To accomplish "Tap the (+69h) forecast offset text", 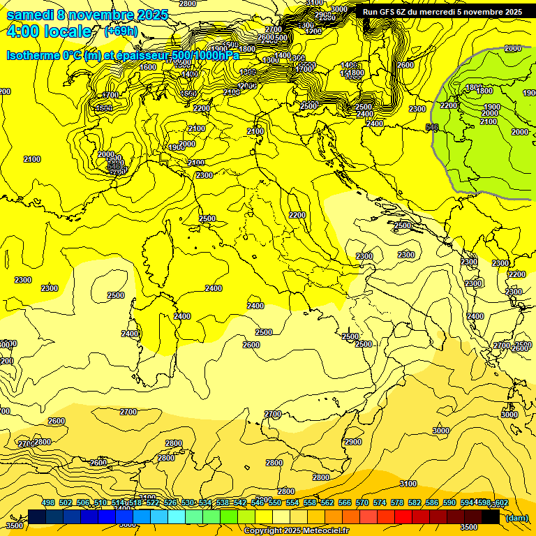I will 120,31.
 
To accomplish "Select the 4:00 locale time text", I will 49,31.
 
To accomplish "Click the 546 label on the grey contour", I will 432,127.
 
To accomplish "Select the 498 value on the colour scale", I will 48,503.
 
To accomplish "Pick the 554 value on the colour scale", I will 292,503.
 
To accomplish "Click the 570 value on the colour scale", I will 362,503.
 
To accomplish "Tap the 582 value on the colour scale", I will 415,503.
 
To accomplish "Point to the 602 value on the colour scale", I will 500,503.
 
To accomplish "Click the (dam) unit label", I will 517,518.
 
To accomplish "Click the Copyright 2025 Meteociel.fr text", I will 297,530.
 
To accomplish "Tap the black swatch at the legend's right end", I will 490,516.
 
